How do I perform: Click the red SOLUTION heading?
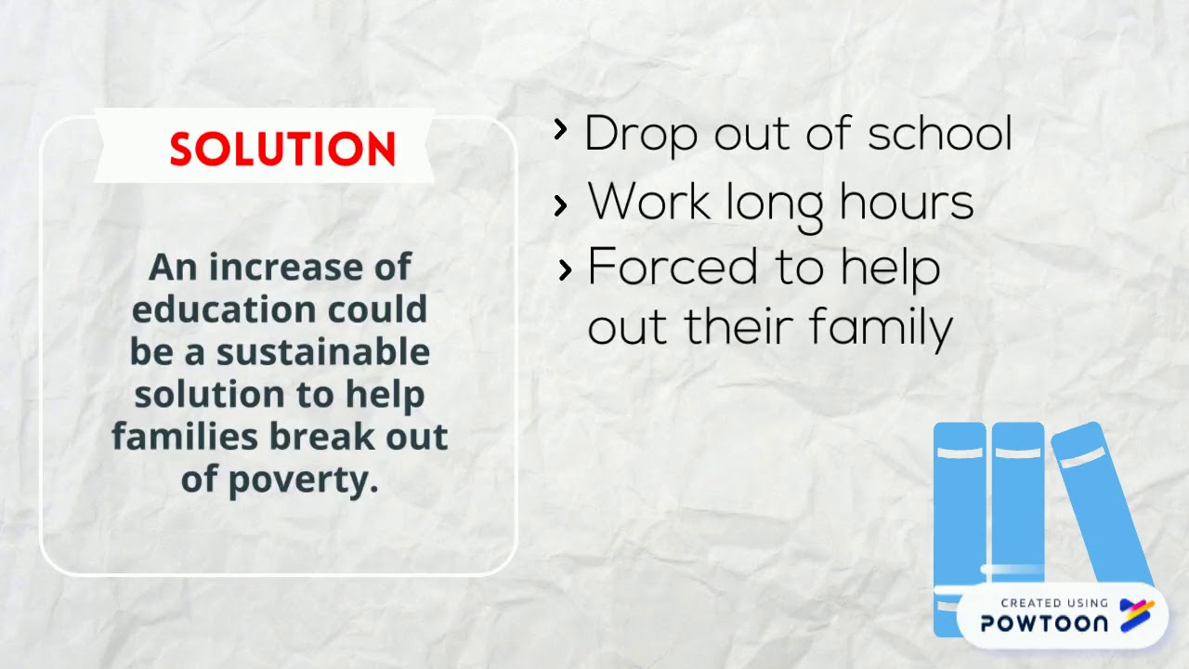[x=282, y=149]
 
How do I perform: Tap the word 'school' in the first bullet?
[x=939, y=134]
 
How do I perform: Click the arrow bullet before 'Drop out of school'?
[x=560, y=130]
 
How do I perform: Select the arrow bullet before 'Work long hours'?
[x=560, y=206]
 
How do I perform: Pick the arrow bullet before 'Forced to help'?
[x=565, y=270]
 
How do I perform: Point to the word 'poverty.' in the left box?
[x=280, y=479]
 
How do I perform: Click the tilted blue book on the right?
[x=1102, y=502]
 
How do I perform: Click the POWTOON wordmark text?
[x=1044, y=623]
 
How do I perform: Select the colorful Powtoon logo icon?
[x=1136, y=615]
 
